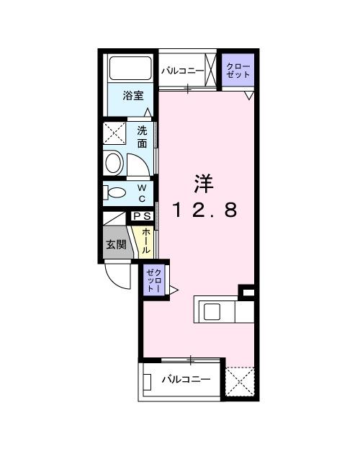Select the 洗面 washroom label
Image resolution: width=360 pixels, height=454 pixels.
click(x=143, y=137)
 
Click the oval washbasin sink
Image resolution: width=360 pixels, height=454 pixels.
click(x=114, y=162)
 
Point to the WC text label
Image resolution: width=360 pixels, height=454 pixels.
click(x=142, y=192)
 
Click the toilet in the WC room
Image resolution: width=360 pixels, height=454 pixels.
click(x=115, y=192)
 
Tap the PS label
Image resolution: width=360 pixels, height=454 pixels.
click(x=141, y=215)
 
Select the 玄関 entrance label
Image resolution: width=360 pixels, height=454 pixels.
click(x=117, y=244)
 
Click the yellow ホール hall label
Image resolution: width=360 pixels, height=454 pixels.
click(x=146, y=240)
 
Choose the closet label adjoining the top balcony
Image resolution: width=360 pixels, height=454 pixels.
click(x=238, y=70)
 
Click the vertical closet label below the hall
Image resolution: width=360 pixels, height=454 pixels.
click(x=155, y=279)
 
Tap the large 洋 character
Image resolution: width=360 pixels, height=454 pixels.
click(x=203, y=184)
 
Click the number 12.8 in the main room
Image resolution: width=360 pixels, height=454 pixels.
click(x=203, y=211)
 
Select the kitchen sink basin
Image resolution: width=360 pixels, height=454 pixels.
click(x=214, y=311)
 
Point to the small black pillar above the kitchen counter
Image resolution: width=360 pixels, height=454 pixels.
click(x=247, y=292)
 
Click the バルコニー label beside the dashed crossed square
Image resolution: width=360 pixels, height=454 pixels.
click(x=185, y=379)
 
